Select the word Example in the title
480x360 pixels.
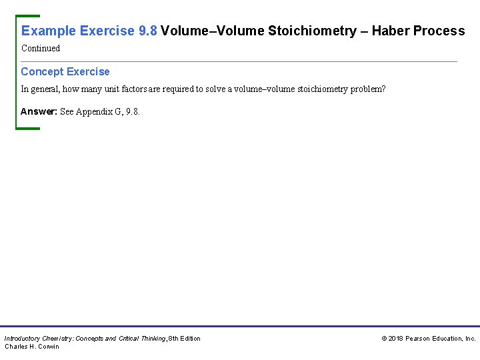click(49, 31)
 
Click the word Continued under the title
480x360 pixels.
click(41, 48)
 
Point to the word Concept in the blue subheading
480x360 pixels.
click(43, 71)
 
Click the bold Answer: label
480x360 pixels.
click(39, 111)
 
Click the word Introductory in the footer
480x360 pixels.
click(23, 339)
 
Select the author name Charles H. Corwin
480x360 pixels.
click(32, 347)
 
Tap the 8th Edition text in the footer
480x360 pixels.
click(185, 339)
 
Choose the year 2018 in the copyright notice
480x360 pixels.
click(396, 339)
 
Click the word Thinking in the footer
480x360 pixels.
click(150, 339)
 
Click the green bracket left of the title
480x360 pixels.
click(17, 71)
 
